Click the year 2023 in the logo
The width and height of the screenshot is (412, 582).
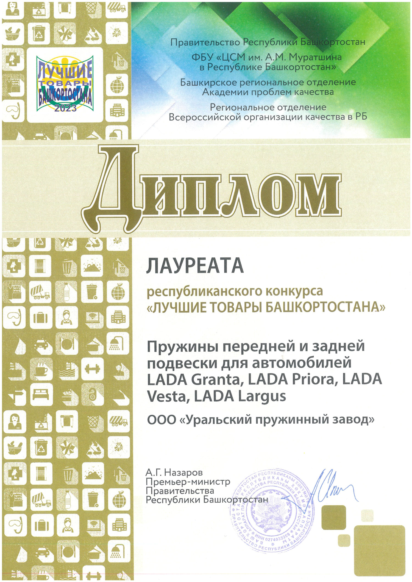(x=65, y=108)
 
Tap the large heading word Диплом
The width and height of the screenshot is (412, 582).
(x=211, y=189)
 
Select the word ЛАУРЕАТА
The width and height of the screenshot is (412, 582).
(x=195, y=266)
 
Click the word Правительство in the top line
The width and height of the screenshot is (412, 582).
(x=205, y=42)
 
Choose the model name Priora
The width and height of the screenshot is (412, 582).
(x=313, y=379)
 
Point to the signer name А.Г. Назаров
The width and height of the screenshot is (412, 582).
(x=174, y=472)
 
